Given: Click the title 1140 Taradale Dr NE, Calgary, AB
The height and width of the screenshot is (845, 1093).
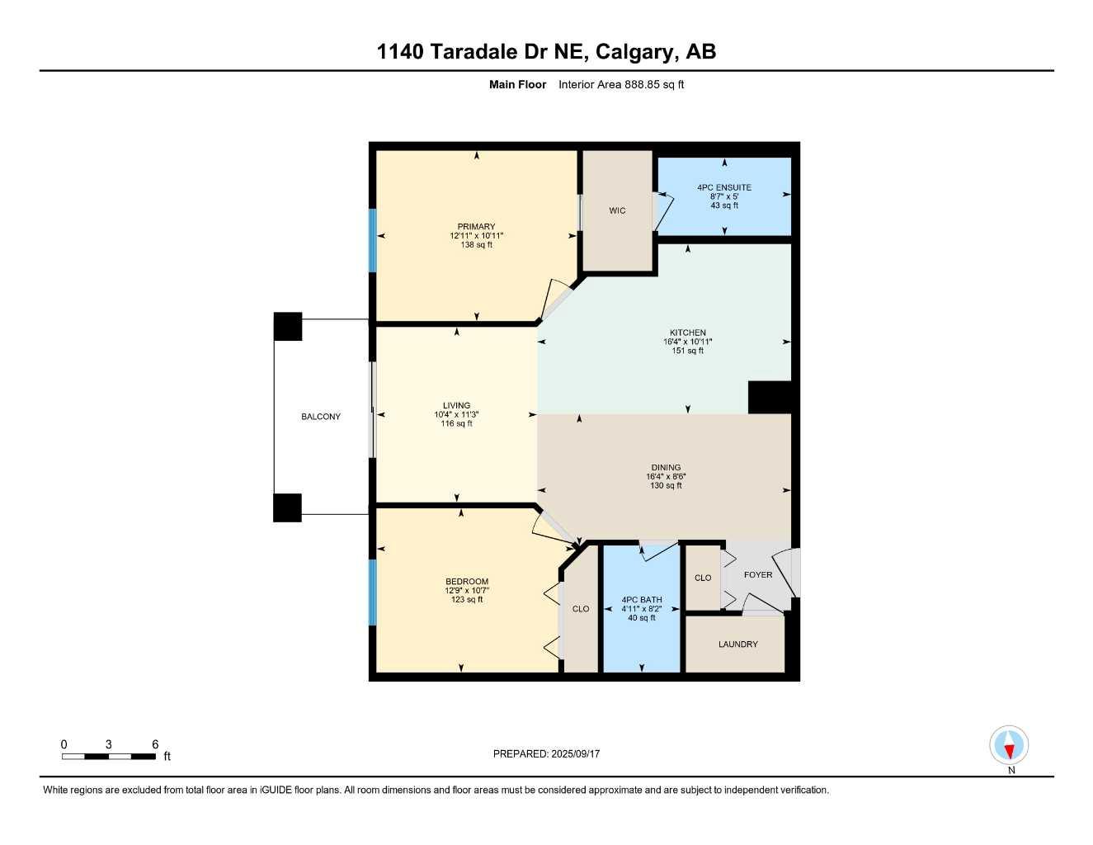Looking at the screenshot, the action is click(546, 52).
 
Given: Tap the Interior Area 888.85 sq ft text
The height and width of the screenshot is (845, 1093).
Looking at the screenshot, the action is click(621, 84).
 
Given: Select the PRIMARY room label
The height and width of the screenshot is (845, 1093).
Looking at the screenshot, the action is click(476, 226).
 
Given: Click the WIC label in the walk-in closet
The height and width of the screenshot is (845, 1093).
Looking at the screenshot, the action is click(617, 210).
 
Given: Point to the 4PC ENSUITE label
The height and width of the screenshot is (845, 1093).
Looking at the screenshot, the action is click(724, 187).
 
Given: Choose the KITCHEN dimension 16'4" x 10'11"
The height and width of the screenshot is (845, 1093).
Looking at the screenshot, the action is click(688, 342).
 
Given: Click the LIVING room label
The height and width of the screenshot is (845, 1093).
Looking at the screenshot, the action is click(457, 405).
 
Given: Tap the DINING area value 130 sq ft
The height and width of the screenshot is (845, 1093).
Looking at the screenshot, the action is click(666, 485).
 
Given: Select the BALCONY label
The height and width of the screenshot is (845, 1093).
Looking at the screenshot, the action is click(321, 417).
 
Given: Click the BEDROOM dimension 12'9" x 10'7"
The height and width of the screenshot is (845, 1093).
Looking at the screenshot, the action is click(467, 591).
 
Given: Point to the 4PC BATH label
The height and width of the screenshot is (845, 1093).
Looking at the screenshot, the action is click(642, 600).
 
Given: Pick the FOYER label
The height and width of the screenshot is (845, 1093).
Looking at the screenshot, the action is click(758, 574).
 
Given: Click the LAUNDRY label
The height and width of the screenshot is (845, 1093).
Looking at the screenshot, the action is click(738, 644).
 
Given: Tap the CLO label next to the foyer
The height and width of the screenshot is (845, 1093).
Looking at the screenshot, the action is click(703, 578).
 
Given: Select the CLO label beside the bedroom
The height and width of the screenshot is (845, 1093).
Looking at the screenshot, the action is click(581, 609).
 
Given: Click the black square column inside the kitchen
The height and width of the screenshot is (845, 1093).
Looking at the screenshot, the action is click(770, 398).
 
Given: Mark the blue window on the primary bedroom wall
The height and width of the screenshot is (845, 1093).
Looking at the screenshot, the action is click(373, 240).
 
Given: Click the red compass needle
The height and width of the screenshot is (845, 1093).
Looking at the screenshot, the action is click(1009, 752).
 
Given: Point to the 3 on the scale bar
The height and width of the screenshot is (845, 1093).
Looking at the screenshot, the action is click(109, 744).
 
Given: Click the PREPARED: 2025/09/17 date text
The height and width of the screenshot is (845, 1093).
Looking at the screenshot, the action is click(546, 754).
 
